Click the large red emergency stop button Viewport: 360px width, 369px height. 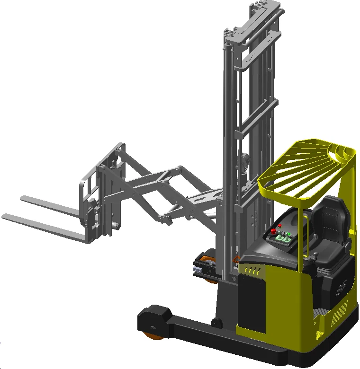(274, 232)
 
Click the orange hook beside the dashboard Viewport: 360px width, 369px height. (235, 259)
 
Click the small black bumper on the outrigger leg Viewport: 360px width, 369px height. (217, 324)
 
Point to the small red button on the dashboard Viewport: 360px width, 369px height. (279, 226)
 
